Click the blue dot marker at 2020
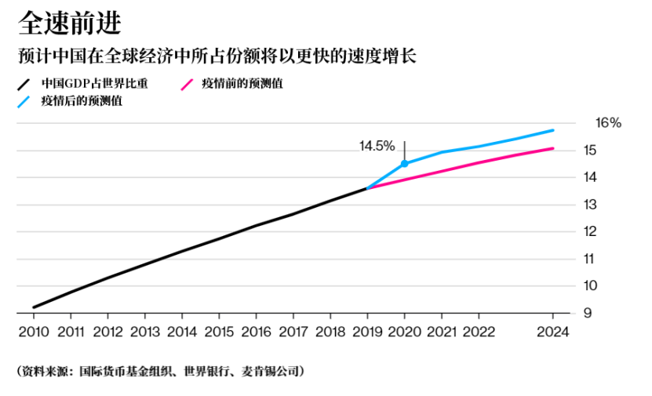pos(404,163)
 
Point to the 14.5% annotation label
pos(377,146)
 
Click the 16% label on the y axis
pos(608,123)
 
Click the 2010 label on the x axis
pos(34,331)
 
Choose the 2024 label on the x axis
pos(552,331)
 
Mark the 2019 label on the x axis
pos(367,331)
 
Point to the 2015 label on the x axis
pos(219,331)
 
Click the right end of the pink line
pos(553,148)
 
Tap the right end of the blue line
pos(553,130)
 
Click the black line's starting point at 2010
pos(34,307)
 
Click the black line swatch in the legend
pos(25,84)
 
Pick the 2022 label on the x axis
pos(479,331)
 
